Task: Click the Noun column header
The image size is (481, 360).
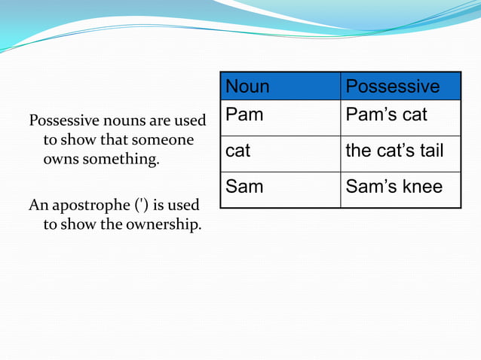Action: point(247,87)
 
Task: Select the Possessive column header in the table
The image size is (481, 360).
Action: point(392,87)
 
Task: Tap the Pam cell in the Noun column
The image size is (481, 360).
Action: point(244,115)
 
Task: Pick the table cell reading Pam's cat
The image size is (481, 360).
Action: point(386,115)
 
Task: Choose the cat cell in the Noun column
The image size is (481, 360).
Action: point(238,151)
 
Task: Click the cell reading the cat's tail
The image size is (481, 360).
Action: point(394,151)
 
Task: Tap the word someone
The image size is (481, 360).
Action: point(163,140)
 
